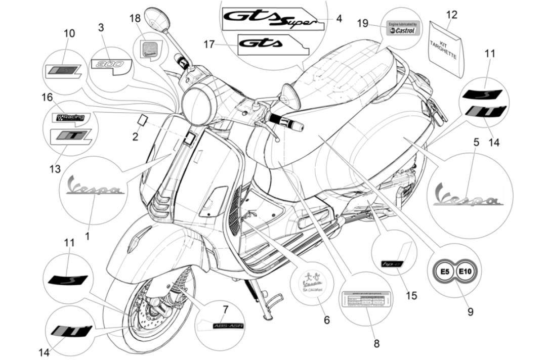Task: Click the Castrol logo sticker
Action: (x=401, y=28)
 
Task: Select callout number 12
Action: (x=451, y=15)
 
